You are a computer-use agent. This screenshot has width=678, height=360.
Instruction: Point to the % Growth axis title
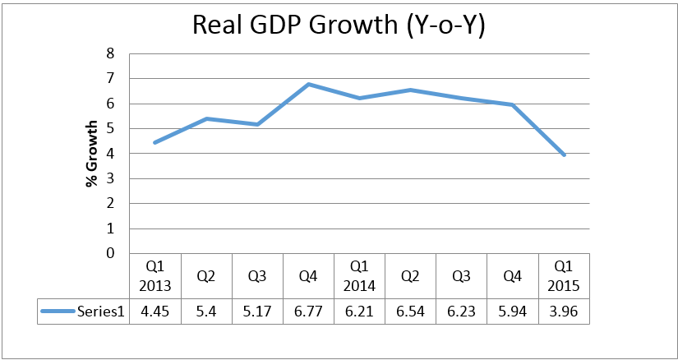tap(92, 153)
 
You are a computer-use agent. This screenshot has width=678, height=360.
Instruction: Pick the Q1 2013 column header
tap(155, 276)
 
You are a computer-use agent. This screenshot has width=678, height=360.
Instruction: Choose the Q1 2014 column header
tap(359, 276)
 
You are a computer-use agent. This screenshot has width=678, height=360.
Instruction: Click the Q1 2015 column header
tap(564, 276)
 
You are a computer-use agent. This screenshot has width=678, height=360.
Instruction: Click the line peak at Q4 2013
tap(308, 84)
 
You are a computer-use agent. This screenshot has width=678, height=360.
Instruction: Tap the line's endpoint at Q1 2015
tap(564, 155)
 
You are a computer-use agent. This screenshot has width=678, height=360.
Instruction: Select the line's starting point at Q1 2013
tap(155, 142)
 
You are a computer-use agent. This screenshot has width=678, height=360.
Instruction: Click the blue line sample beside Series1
tap(59, 311)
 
